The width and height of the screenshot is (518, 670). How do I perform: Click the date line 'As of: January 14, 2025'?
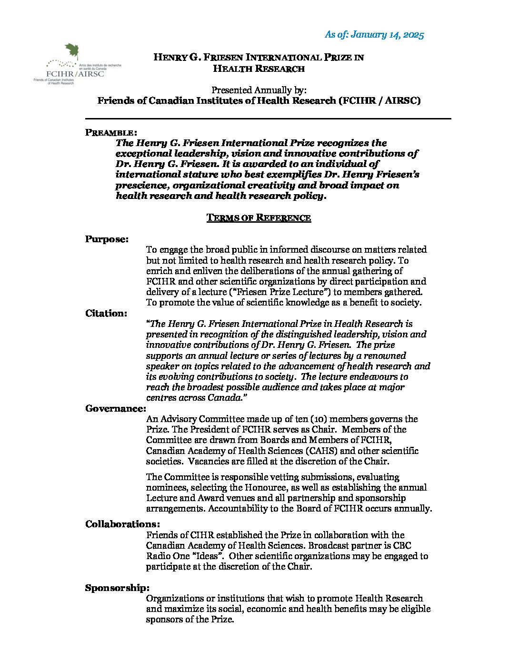point(374,34)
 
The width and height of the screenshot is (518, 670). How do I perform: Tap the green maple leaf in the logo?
point(71,51)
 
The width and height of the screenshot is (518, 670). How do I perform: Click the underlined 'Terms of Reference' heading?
point(259,217)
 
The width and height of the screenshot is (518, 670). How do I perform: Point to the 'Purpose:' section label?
point(107,239)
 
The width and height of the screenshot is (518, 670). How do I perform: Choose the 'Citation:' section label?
point(106,313)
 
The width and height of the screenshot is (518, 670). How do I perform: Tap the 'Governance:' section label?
point(115,408)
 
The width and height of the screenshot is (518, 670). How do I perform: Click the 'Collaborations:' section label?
point(122,524)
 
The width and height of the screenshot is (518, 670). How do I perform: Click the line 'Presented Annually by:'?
point(259,90)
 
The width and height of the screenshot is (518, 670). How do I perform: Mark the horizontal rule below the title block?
point(268,118)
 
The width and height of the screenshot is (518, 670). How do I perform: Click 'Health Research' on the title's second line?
point(259,69)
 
